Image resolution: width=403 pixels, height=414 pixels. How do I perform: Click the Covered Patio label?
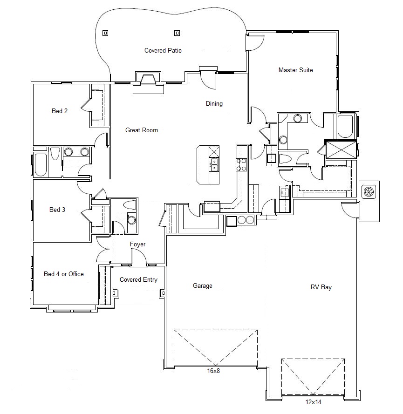pos(163,50)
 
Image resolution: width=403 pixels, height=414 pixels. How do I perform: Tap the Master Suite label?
pos(295,70)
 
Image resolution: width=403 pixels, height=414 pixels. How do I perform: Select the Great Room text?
pos(142,130)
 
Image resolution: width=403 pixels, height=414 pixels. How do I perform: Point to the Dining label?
pos(214,103)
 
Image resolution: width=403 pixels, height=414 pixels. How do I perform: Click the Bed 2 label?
pos(60,111)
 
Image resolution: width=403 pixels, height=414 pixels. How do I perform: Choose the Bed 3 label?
pos(57,210)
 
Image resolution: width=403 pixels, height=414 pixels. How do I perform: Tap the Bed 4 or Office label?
pos(64,274)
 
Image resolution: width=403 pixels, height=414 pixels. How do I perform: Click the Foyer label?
pos(137,244)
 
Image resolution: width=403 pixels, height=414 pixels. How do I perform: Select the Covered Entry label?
pos(138,279)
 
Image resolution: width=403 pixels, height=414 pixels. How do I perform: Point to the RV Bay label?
pos(321,287)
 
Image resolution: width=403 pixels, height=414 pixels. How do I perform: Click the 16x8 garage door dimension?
pos(213,371)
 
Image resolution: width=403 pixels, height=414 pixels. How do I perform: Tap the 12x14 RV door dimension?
pos(313,402)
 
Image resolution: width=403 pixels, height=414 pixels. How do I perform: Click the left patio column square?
pos(105,33)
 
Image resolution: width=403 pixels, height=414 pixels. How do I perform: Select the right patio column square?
pos(177,33)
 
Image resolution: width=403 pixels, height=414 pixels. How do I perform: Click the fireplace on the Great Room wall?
pos(148,82)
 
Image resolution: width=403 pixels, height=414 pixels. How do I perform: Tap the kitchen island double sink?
pos(214,164)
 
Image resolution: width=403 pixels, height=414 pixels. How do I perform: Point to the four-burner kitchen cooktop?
pos(241,164)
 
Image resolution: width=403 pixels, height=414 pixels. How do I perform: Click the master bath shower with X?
pos(341,149)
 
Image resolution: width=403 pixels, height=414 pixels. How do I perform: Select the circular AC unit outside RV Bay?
pos(369,191)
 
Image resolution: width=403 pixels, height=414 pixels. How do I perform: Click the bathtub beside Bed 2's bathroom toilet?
pos(41,164)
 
